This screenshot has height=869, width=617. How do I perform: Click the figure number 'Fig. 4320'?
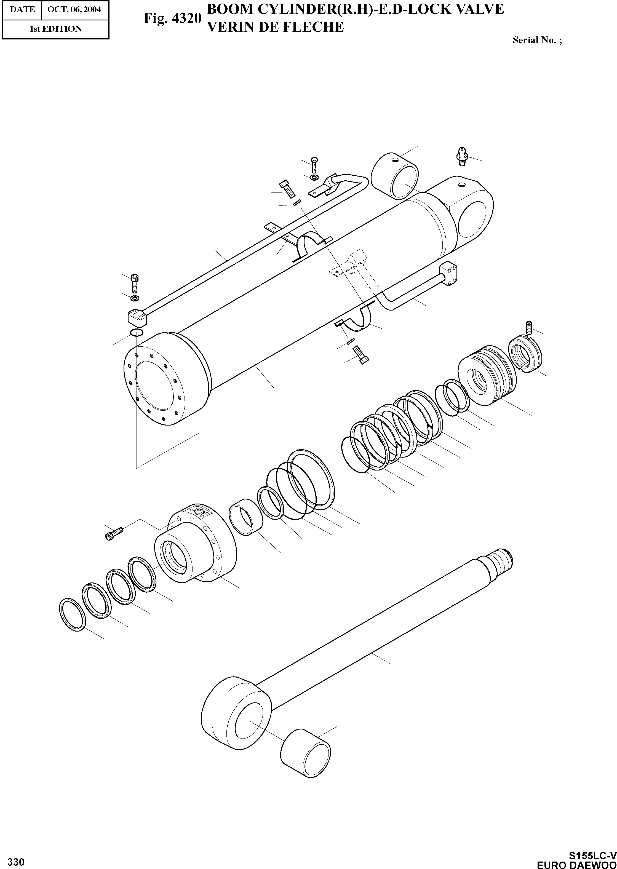point(172,18)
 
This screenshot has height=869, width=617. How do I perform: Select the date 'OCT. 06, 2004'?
point(74,9)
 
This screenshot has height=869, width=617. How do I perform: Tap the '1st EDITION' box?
point(55,29)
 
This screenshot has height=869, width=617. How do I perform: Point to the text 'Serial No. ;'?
point(537,40)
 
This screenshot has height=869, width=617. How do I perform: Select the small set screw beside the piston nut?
point(530,327)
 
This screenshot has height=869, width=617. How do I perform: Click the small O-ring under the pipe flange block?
point(137,333)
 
